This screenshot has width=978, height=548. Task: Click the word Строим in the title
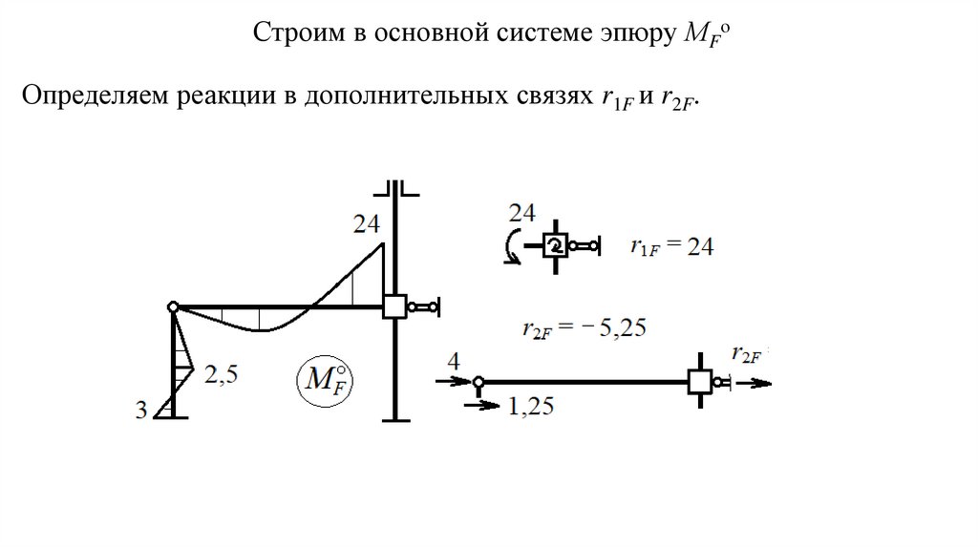(x=288, y=35)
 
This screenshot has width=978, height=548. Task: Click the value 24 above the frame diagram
(x=366, y=225)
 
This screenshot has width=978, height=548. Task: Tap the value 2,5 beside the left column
(x=221, y=375)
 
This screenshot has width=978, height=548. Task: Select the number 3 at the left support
(x=141, y=411)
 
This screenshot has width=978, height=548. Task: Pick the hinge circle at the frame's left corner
(x=173, y=306)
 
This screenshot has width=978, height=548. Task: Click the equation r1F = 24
(x=671, y=247)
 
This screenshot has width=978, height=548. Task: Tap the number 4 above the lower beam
(x=453, y=361)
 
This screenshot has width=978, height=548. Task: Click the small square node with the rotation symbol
(x=554, y=246)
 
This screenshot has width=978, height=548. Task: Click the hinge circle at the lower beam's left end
(x=478, y=382)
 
